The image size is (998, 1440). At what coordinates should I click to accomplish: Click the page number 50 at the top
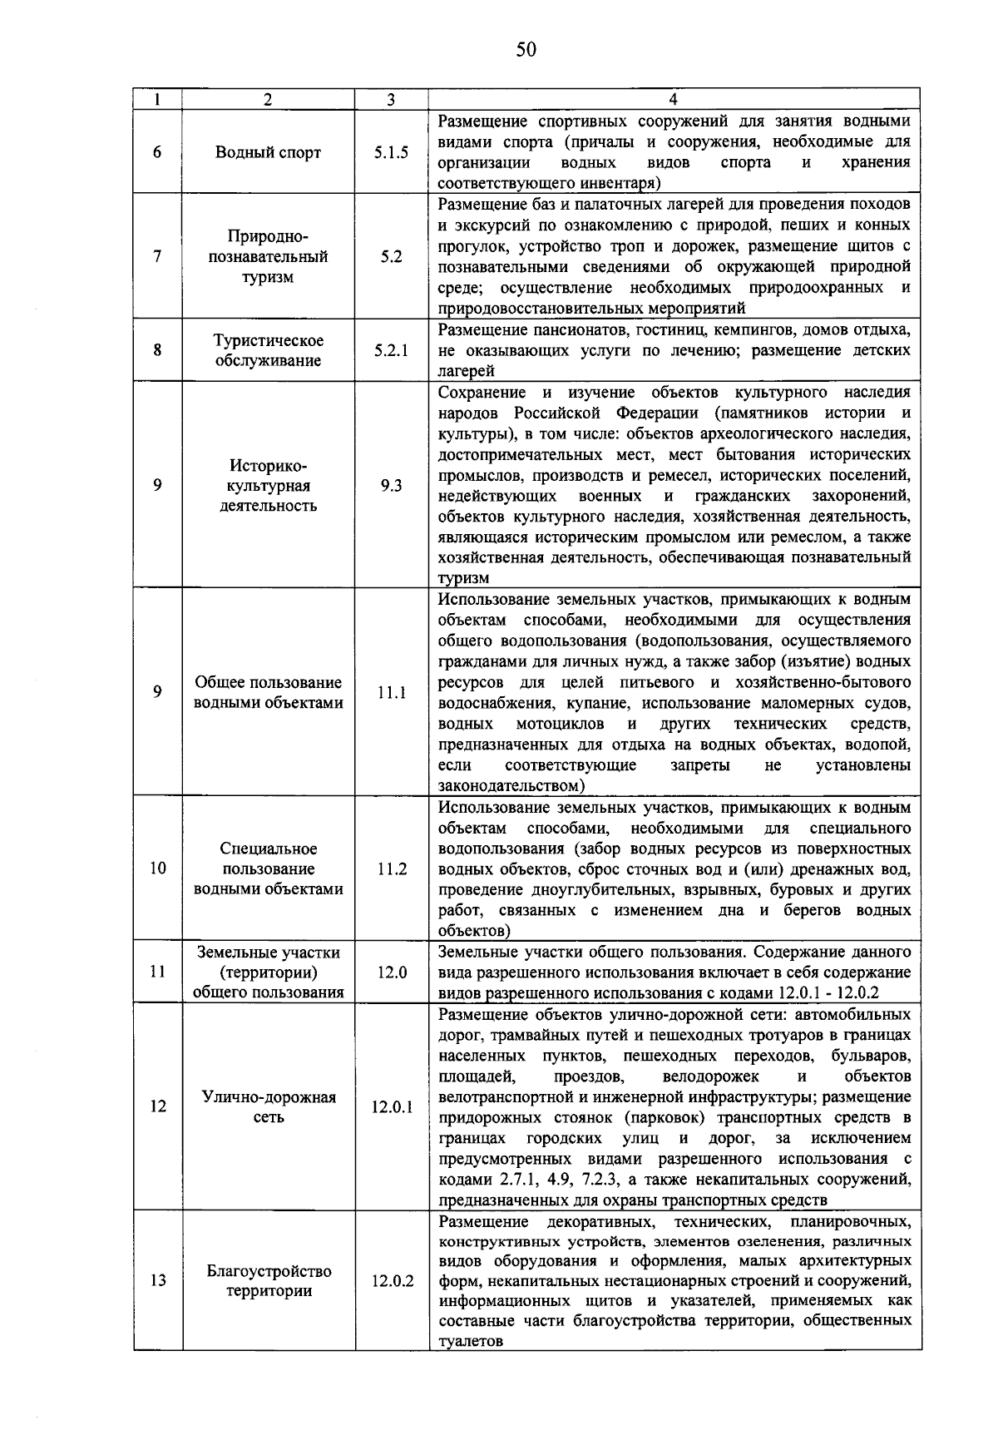click(526, 50)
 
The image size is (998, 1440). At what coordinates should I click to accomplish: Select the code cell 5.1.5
click(391, 152)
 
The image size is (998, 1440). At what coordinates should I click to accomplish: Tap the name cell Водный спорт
click(268, 152)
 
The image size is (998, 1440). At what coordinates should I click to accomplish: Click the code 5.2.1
click(391, 350)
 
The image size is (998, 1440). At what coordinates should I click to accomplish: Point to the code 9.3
click(391, 486)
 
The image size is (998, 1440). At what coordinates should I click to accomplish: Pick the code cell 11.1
click(391, 692)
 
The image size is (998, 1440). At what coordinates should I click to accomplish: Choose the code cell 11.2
click(391, 868)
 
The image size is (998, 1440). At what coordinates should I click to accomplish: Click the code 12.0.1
click(392, 1107)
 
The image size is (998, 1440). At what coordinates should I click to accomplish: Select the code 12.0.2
click(392, 1281)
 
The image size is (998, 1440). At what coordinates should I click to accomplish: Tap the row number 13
click(158, 1281)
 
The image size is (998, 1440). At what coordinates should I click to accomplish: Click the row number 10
click(158, 868)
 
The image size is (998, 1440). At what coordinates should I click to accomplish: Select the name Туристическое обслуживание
click(268, 350)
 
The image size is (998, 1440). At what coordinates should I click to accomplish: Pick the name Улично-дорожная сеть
click(268, 1107)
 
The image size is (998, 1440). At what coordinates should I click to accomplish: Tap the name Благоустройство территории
click(268, 1281)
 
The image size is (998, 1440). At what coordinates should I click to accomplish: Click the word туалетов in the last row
click(471, 1341)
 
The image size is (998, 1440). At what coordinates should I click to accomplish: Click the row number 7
click(158, 256)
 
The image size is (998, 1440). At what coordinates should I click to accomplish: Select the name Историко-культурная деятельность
click(268, 486)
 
